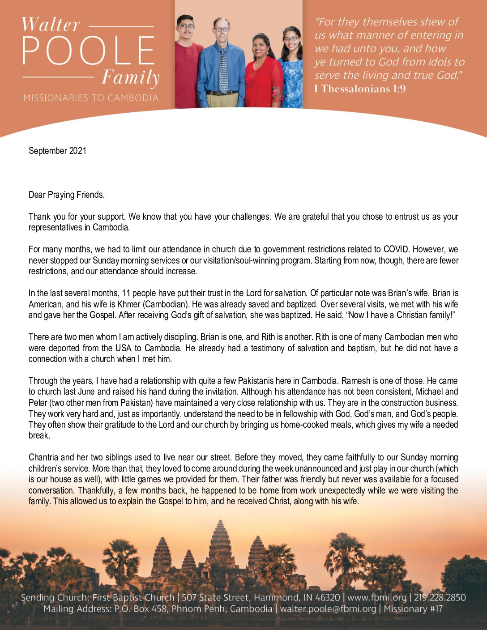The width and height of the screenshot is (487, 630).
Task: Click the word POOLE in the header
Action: [x=89, y=50]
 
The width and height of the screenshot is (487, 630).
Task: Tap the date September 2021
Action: [x=57, y=151]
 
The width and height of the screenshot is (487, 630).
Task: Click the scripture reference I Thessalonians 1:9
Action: [x=360, y=89]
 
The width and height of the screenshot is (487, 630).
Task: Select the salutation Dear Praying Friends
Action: [x=66, y=195]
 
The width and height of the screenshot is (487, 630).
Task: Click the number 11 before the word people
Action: [x=126, y=293]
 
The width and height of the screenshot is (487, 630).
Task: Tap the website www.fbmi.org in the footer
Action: [x=377, y=597]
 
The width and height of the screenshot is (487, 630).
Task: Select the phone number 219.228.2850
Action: [x=439, y=597]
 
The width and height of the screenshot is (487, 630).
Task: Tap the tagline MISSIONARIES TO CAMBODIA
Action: [x=91, y=98]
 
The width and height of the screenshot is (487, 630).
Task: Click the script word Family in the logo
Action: [x=130, y=78]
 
